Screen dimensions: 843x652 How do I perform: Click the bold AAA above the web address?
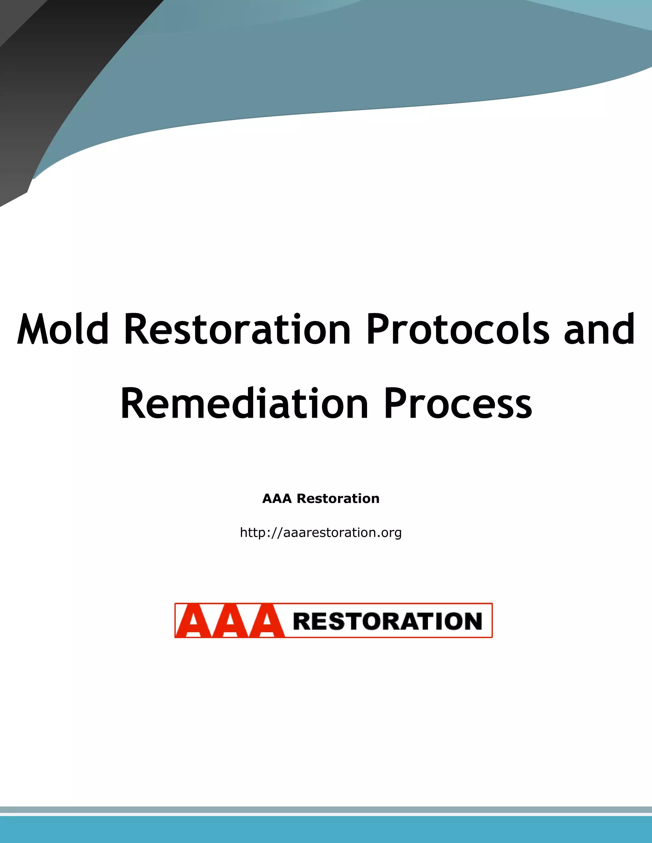(x=277, y=499)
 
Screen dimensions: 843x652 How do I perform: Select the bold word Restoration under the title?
(x=338, y=499)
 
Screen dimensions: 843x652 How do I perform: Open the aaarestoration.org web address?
(x=321, y=533)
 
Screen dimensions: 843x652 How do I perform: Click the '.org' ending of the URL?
(x=391, y=533)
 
